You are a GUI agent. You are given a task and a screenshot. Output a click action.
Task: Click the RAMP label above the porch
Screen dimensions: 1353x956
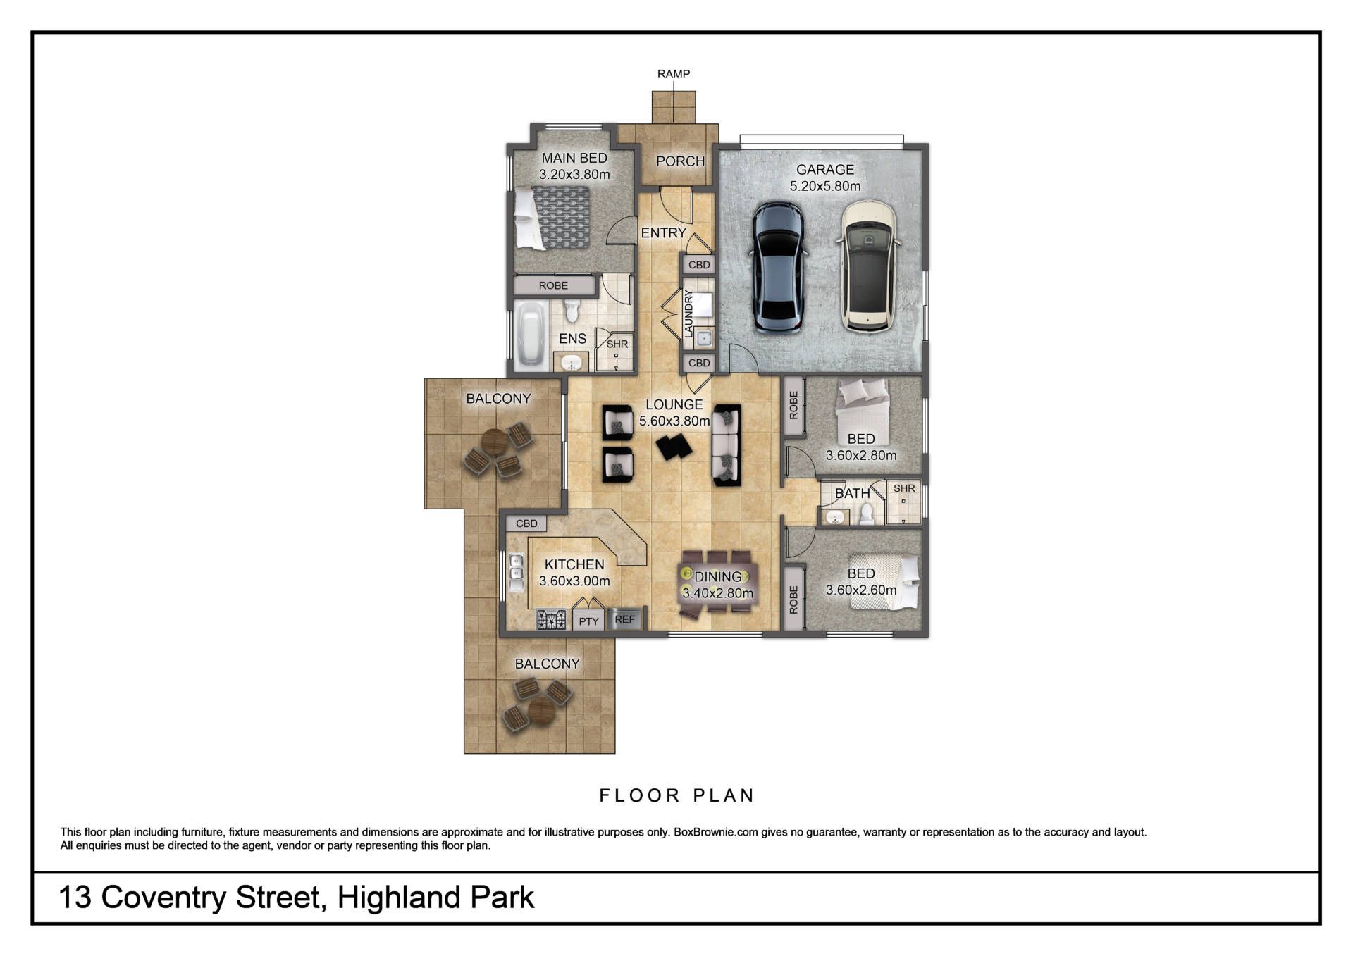coord(673,74)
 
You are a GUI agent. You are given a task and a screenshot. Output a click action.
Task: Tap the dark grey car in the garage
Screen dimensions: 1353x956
coord(778,268)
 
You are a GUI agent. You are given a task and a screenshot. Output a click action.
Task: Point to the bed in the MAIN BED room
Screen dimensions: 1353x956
coord(552,218)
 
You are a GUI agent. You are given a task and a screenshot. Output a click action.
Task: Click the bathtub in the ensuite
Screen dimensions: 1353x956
coord(531,336)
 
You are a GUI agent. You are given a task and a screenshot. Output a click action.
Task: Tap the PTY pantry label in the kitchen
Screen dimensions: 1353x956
coord(588,621)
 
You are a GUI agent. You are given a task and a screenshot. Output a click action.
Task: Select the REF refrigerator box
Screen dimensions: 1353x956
coord(625,619)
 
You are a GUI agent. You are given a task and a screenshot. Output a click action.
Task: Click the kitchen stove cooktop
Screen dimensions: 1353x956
coord(551,620)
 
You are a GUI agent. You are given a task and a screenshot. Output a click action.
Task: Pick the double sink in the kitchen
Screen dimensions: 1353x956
coord(516,573)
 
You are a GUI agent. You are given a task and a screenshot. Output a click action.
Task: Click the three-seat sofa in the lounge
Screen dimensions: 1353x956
coord(727,445)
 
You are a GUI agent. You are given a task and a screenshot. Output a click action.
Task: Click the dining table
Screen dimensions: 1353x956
coord(717,584)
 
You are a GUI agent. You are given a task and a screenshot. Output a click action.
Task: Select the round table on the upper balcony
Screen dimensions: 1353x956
coord(495,442)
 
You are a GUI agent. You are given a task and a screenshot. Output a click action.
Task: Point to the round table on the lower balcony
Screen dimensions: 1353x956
coord(541,710)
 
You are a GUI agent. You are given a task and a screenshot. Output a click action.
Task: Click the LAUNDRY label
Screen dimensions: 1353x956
coord(688,314)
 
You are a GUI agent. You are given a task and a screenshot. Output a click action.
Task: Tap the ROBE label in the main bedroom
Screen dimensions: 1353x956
coord(553,285)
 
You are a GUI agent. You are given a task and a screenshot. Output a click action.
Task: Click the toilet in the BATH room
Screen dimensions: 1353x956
coord(867,514)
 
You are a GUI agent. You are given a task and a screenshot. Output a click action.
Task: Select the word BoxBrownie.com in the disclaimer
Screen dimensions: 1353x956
coord(716,832)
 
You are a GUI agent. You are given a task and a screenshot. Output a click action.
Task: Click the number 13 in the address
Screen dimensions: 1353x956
coord(75,898)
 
